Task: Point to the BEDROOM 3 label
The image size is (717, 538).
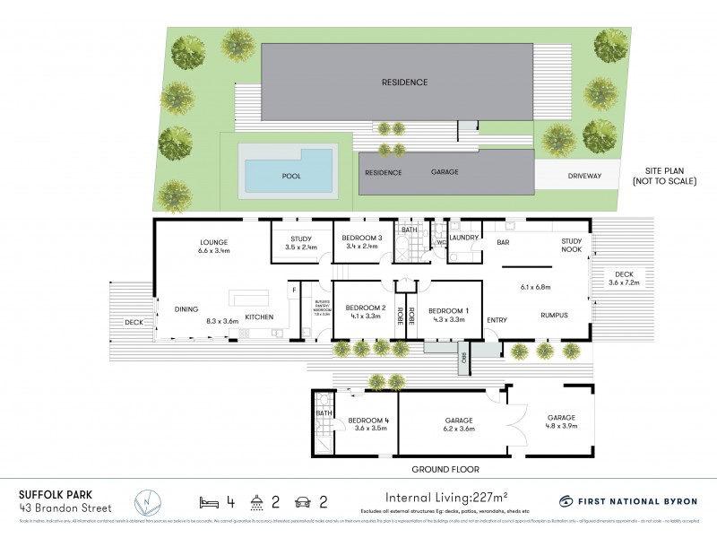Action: click(362, 238)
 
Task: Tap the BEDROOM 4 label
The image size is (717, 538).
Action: click(368, 421)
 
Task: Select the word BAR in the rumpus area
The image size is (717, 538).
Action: click(503, 242)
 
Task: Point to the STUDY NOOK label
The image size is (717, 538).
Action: click(572, 246)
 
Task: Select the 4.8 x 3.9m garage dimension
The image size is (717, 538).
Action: click(562, 427)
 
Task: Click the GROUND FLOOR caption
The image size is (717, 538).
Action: click(445, 470)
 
